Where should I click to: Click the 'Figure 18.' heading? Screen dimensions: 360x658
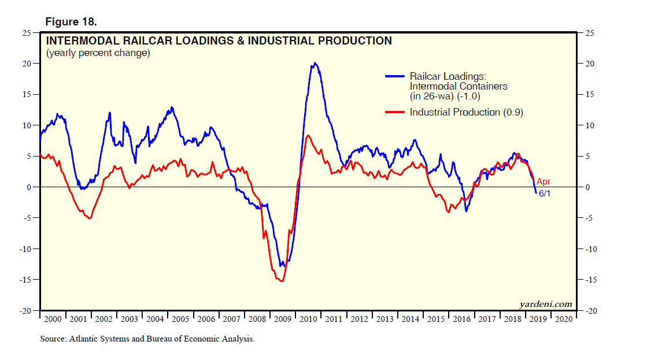pyautogui.click(x=71, y=22)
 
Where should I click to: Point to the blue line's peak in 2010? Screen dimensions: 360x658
pyautogui.click(x=315, y=63)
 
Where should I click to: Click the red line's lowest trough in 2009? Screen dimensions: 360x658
pyautogui.click(x=282, y=281)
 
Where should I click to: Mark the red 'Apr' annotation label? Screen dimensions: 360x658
pyautogui.click(x=543, y=181)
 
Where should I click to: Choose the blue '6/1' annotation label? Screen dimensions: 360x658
pyautogui.click(x=545, y=194)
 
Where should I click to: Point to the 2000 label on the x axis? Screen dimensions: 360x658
pyautogui.click(x=52, y=319)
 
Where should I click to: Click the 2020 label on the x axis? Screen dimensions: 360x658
pyautogui.click(x=564, y=319)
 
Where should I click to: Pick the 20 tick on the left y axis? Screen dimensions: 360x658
pyautogui.click(x=27, y=64)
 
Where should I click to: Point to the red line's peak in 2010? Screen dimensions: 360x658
pyautogui.click(x=308, y=135)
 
